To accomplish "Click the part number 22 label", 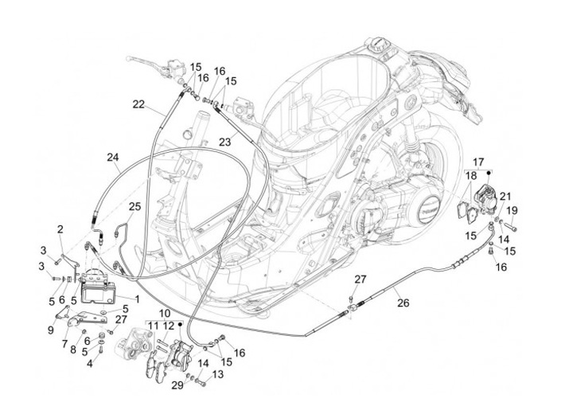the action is [x=138, y=104].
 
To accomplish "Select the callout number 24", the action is [x=113, y=158].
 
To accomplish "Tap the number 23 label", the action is [x=225, y=142].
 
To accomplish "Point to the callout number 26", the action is [x=403, y=303].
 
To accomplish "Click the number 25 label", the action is [x=134, y=207].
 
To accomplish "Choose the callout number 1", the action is [x=138, y=299].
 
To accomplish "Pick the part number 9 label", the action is [x=50, y=330].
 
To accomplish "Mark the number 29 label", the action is [x=177, y=385].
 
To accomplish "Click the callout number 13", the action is [x=217, y=374].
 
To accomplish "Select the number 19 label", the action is [x=513, y=210].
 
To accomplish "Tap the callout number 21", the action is [x=505, y=197].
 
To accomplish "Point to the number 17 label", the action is [x=478, y=162].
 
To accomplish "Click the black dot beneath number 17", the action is [x=488, y=172].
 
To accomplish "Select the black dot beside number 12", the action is [x=180, y=324].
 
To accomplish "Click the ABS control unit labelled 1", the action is [x=95, y=287].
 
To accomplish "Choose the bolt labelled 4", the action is [x=101, y=349].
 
